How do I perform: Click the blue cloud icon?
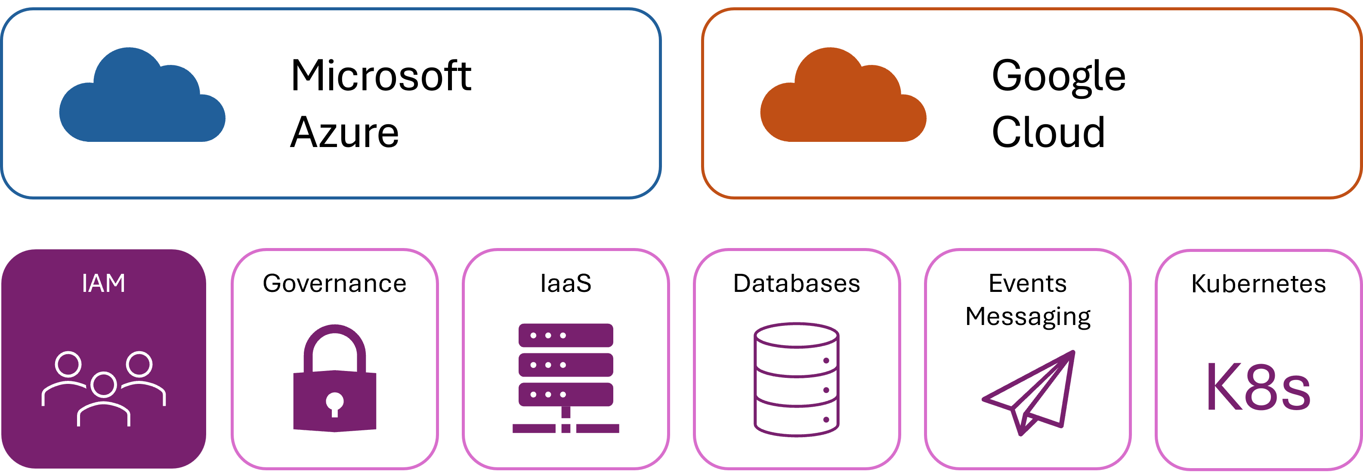tap(142, 98)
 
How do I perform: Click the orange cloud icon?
tap(843, 98)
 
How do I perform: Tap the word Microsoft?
tap(380, 76)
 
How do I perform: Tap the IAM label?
tap(104, 284)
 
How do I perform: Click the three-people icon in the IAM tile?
tap(104, 389)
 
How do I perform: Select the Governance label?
tap(334, 284)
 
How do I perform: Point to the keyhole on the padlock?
tap(334, 403)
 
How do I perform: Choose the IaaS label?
tap(566, 284)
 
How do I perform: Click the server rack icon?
tap(566, 378)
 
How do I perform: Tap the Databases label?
tap(796, 284)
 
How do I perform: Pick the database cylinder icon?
tap(796, 380)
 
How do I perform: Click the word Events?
tap(1028, 284)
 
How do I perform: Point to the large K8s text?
tap(1259, 387)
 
